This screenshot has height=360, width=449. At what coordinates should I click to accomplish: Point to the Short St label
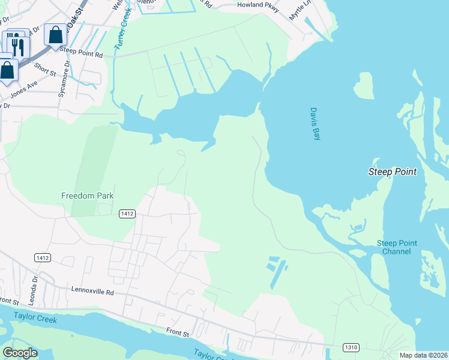click(x=45, y=70)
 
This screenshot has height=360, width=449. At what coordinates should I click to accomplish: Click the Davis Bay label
click(x=315, y=124)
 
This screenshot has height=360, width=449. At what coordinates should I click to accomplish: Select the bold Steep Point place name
click(x=392, y=172)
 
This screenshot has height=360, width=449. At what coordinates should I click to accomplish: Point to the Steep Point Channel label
click(x=397, y=247)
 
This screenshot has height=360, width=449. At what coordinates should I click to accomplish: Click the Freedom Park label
click(x=88, y=196)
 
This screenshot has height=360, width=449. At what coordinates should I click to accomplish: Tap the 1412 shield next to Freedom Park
click(x=127, y=214)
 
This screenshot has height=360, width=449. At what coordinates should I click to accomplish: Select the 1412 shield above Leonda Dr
click(x=43, y=257)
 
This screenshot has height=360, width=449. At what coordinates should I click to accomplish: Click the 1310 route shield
click(x=351, y=347)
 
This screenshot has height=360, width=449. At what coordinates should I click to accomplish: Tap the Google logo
click(x=20, y=353)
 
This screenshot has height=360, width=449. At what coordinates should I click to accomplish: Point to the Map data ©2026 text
click(x=424, y=355)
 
